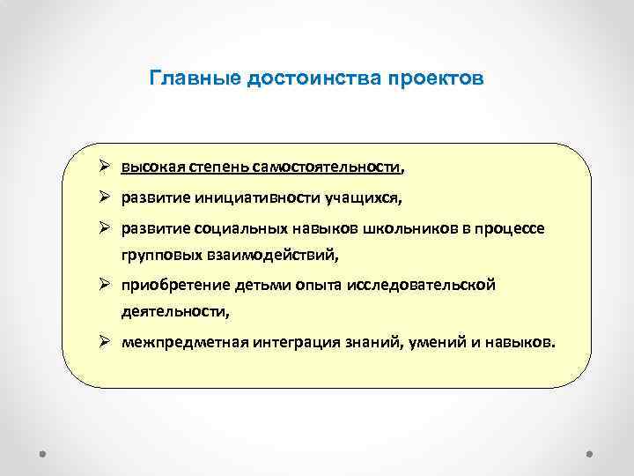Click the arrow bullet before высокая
pos(105,166)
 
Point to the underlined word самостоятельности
pos(326,167)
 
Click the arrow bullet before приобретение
pos(105,285)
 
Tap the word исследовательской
pos(424,286)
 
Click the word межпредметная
pos(176,342)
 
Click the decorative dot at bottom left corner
pos(43,456)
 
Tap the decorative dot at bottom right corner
pos(589,456)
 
